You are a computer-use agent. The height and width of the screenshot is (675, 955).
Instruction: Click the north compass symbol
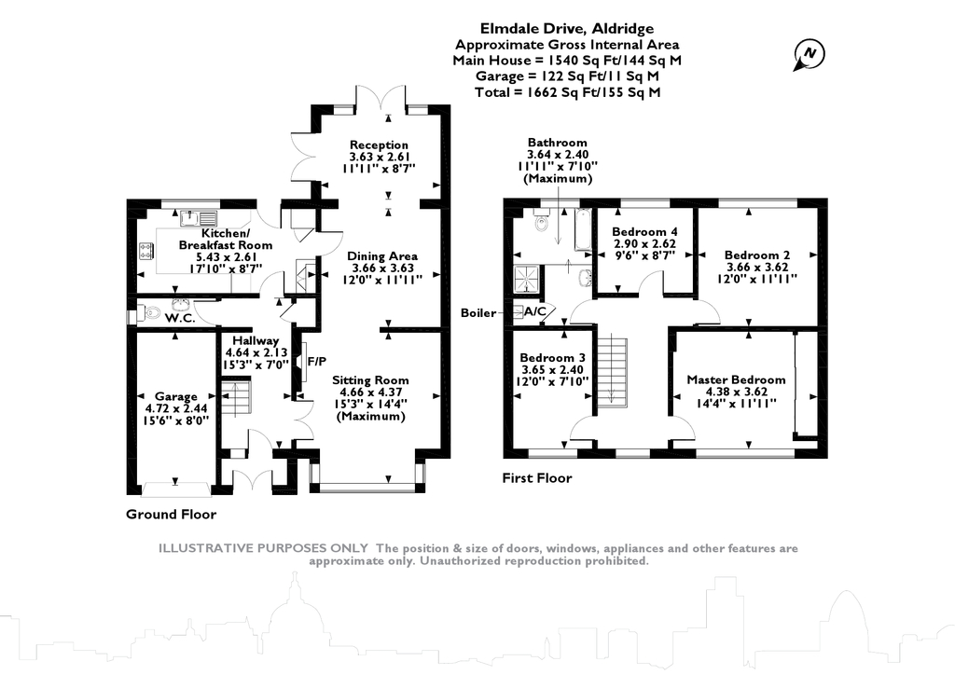[807, 55]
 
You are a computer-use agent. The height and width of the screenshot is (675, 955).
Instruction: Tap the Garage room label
[177, 396]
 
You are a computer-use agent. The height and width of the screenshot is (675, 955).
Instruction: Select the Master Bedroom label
[736, 379]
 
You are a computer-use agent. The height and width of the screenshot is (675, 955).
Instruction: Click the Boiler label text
[478, 312]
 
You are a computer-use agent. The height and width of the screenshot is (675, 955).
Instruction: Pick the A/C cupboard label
[536, 311]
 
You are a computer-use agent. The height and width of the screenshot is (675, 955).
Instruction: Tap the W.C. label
[180, 318]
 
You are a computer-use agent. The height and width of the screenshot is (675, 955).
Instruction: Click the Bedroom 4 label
[644, 232]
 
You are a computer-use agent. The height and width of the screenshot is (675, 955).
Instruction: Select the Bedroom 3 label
[553, 358]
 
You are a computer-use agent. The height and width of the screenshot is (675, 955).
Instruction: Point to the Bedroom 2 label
[757, 254]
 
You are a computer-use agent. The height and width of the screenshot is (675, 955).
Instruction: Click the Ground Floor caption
[171, 515]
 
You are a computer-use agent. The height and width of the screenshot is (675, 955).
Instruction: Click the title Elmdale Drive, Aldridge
[566, 28]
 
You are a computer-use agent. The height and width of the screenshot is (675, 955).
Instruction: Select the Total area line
[566, 91]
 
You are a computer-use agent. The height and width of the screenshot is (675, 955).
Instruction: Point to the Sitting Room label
[371, 380]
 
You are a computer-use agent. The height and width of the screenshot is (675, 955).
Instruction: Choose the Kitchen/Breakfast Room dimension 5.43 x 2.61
[227, 256]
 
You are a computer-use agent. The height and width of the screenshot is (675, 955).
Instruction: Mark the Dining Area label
[382, 255]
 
